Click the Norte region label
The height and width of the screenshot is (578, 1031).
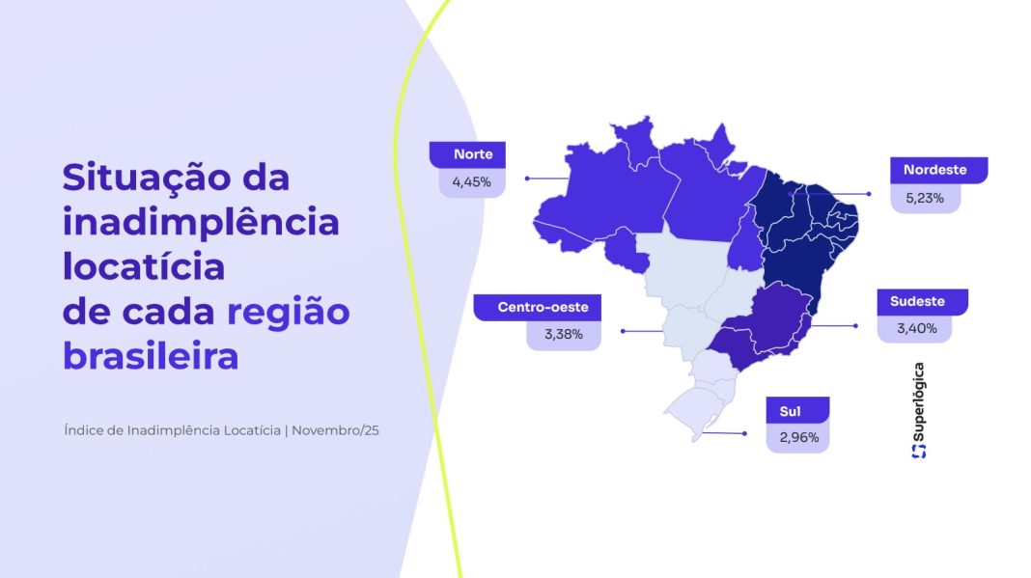pos(473,154)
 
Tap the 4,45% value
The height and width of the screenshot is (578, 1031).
pos(472,181)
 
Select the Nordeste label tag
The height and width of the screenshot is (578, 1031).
pos(934,170)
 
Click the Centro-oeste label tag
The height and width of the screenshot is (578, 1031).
pos(536,308)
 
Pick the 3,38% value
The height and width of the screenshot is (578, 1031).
pos(564,335)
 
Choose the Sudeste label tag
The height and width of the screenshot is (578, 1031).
pos(917,301)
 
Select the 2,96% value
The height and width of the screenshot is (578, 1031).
pos(797,437)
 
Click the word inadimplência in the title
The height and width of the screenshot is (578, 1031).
pos(201,222)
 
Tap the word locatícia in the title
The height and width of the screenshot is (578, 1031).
pos(144,266)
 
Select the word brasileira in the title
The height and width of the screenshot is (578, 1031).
pos(151,356)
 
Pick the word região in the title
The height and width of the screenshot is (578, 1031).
pos(288,312)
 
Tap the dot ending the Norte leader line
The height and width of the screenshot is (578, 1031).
pos(527,179)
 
